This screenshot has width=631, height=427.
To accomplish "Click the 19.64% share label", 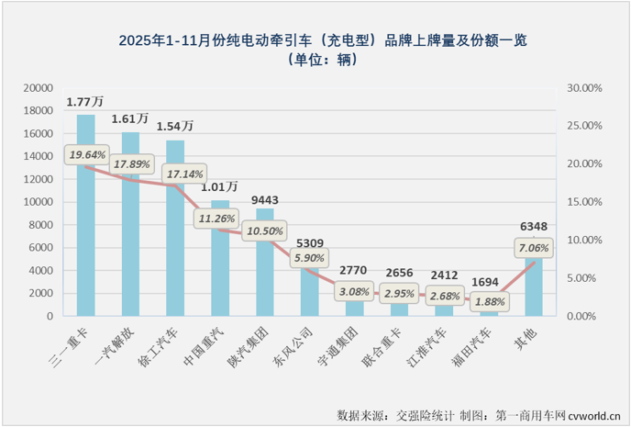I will pyautogui.click(x=87, y=154).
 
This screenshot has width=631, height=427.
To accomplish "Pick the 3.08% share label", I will pyautogui.click(x=356, y=292).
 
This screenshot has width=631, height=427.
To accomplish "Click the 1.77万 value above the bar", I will pyautogui.click(x=84, y=101).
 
